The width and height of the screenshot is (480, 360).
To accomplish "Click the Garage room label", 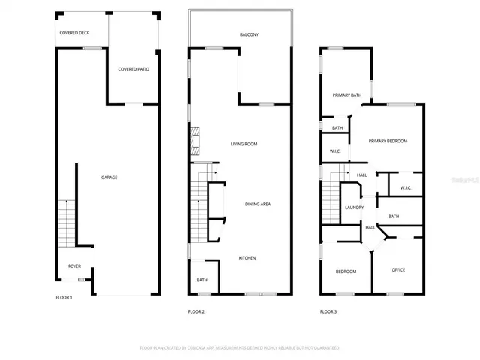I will coord(109,178).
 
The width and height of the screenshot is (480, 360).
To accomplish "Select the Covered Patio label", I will coord(133,69).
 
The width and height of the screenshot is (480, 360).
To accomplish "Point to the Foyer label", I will coord(75,265).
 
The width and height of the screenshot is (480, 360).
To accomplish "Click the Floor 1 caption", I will coord(64,298).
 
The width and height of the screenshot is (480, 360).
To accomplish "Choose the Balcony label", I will coord(250,35).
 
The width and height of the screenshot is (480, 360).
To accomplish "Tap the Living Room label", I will coord(244,144).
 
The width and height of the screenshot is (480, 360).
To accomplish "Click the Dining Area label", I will coord(258,204).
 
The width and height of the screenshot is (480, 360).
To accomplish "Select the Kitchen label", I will coord(247,258).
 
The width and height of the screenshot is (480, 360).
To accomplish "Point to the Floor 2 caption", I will coord(196,311).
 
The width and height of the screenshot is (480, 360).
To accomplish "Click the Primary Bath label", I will coord(347,95).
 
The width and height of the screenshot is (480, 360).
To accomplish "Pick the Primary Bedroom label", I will coord(388,141).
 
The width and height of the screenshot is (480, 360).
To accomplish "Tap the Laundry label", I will coord(354,208).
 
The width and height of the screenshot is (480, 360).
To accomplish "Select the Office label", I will coord(398,270).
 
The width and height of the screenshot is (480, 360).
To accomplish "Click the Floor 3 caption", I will coord(328,311).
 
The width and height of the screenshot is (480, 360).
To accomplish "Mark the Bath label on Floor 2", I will coord(202,280).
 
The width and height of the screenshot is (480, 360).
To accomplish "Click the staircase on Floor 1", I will coord(65,223).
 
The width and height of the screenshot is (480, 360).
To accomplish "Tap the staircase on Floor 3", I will coord(331,204).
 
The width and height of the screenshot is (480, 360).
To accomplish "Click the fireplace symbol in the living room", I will coord(197,139).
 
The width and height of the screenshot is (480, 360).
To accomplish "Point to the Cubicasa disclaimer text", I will coord(240,348).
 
